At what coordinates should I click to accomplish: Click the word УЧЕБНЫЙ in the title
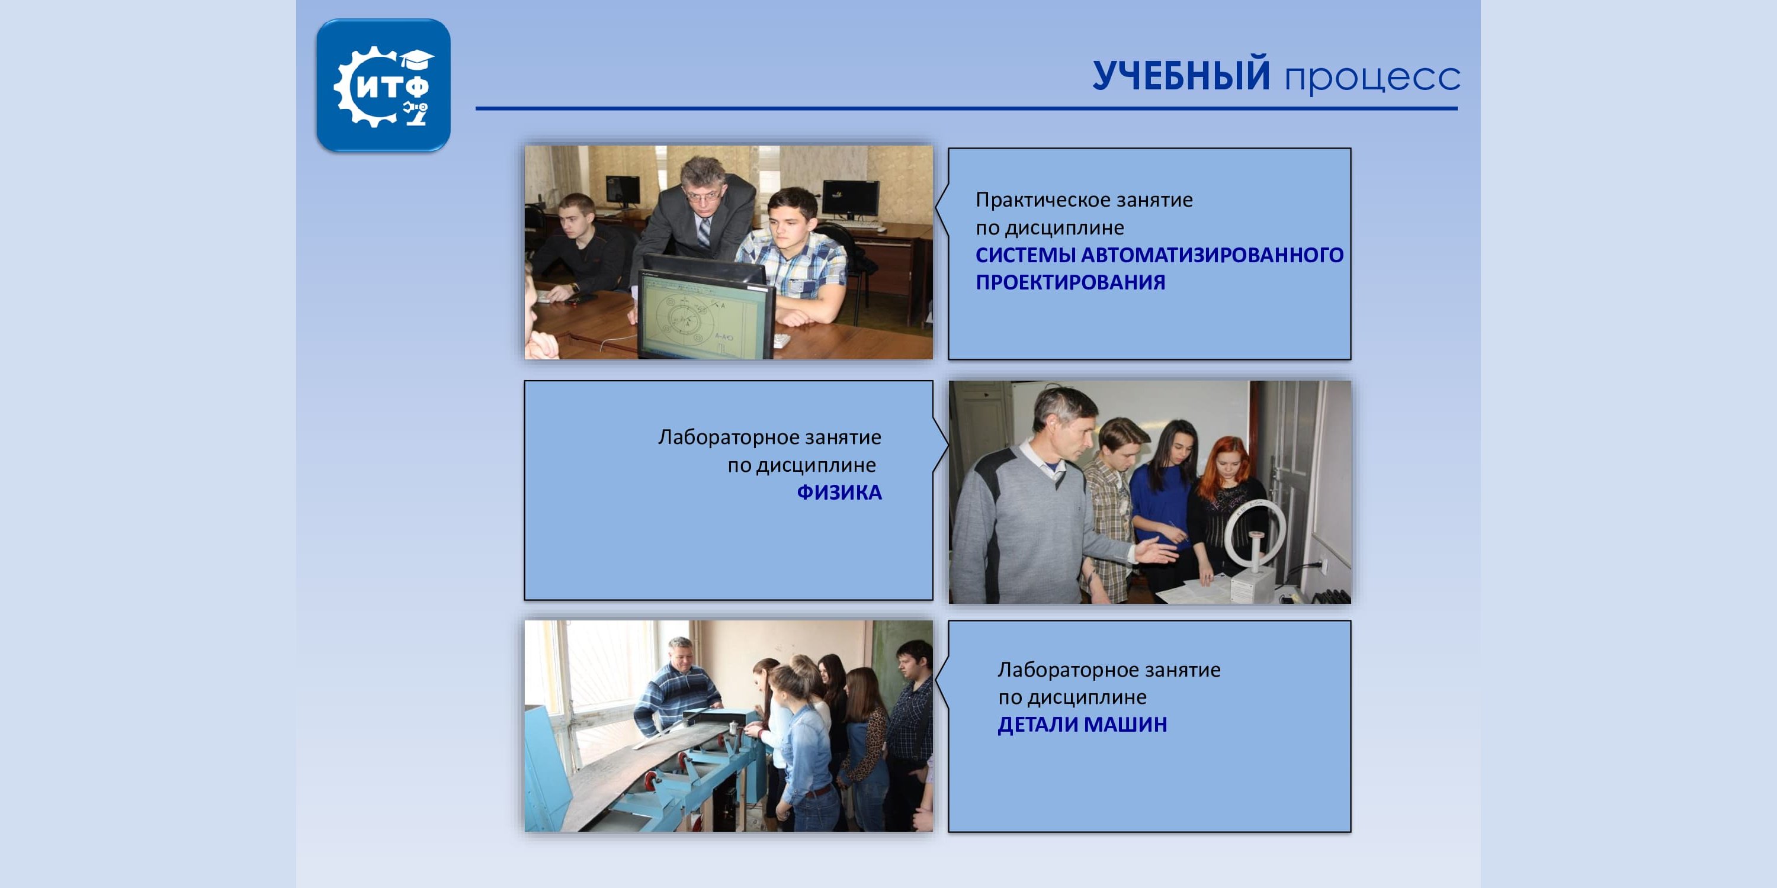1181,76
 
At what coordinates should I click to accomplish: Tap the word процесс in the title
1371,79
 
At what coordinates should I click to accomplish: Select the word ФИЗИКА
839,493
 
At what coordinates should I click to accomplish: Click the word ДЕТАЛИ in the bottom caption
1037,725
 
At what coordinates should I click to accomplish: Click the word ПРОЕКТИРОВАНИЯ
1070,282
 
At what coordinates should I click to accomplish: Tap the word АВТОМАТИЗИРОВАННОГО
1212,255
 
